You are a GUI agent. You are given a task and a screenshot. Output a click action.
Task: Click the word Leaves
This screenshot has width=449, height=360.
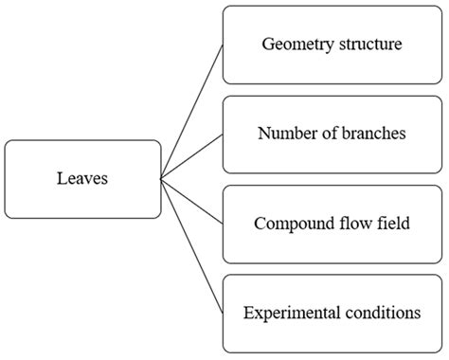pos(81,179)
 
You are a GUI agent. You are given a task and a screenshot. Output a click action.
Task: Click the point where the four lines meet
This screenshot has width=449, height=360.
pos(161,178)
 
